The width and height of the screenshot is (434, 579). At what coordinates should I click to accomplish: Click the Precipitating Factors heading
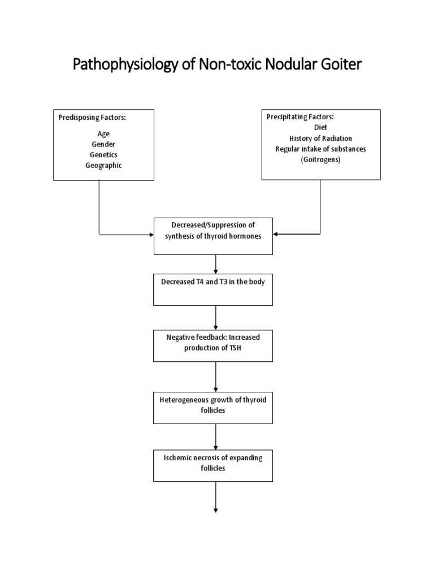coord(300,118)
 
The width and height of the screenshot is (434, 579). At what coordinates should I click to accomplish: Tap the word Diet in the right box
coord(320,128)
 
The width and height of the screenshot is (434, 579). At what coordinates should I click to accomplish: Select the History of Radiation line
coord(320,138)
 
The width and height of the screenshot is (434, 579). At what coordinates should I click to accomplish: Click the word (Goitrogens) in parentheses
coord(320,159)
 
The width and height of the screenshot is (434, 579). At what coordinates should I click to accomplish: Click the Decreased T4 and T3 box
coord(213,289)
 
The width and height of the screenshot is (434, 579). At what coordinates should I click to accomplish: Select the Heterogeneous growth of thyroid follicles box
coord(213,405)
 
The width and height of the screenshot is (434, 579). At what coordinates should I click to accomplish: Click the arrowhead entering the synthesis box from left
coord(150,234)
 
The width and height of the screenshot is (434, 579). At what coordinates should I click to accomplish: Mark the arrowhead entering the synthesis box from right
coord(276,234)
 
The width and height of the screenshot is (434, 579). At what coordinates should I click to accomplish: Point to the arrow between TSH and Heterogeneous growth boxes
coord(216,375)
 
